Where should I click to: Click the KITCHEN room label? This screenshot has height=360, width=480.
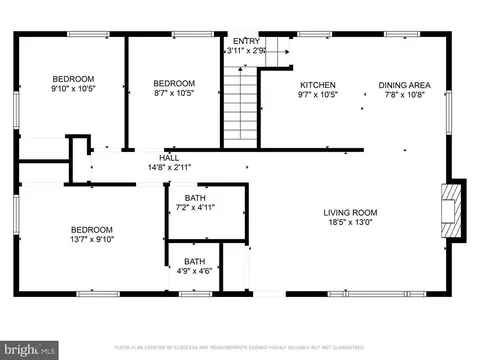(318, 85)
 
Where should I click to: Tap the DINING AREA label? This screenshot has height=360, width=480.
(404, 85)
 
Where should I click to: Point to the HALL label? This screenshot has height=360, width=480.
(170, 156)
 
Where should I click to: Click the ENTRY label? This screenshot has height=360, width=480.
(245, 41)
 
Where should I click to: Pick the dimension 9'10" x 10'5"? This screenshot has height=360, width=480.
(74, 91)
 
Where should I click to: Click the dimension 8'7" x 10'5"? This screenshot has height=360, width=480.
(174, 95)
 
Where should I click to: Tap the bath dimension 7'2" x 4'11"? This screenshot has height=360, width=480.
(195, 208)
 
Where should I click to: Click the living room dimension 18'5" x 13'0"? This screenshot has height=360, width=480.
(349, 224)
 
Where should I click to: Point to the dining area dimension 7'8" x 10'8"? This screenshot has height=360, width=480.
(404, 97)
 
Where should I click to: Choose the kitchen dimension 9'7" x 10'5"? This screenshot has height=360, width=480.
(318, 97)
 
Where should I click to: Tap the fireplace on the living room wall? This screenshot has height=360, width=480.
(455, 211)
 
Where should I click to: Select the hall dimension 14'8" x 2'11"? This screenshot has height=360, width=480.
(170, 167)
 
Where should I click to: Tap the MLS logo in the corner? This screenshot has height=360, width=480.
(30, 349)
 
